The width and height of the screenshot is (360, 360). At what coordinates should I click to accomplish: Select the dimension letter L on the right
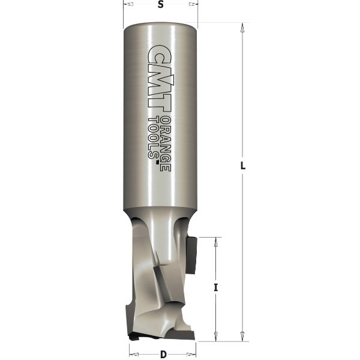(x=243, y=167)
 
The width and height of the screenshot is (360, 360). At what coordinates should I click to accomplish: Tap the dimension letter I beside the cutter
(x=215, y=287)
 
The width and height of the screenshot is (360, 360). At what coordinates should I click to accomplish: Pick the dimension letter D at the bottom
(x=163, y=354)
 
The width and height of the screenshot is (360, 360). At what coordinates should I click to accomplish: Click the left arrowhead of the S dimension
(x=127, y=4)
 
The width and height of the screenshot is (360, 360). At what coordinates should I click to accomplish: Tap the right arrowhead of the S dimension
(x=193, y=4)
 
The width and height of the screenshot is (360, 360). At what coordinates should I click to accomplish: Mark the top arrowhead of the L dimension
(x=242, y=27)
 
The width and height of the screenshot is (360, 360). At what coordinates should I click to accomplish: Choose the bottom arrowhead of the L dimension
(x=242, y=337)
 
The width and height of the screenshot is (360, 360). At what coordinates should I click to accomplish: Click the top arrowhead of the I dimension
(x=214, y=241)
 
